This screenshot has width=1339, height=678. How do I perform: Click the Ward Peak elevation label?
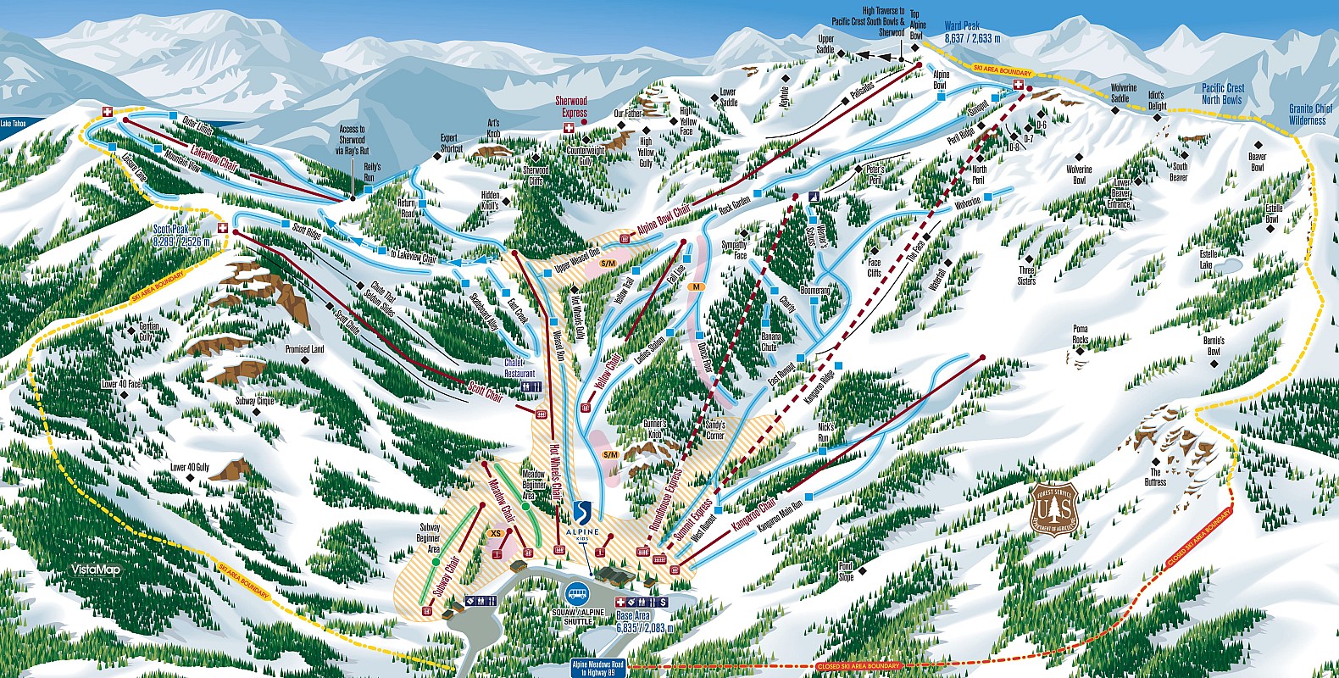pyautogui.click(x=972, y=33)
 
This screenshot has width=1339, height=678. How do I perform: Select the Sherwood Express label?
pyautogui.click(x=571, y=106)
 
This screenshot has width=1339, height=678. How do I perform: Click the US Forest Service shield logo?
pyautogui.click(x=1055, y=510)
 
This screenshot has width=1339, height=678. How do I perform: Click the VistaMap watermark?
pyautogui.click(x=95, y=570)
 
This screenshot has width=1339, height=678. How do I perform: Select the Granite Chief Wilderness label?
pyautogui.click(x=1308, y=114)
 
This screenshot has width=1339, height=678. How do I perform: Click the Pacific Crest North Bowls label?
pyautogui.click(x=1222, y=93)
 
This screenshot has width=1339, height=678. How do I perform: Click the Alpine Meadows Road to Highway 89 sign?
pyautogui.click(x=598, y=669)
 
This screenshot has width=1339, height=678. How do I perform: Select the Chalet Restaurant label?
pyautogui.click(x=519, y=368)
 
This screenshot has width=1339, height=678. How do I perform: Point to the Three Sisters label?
pyautogui.click(x=1026, y=275)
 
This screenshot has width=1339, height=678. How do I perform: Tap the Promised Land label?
pyautogui.click(x=304, y=348)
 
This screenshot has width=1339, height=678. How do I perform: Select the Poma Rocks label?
pyautogui.click(x=1080, y=333)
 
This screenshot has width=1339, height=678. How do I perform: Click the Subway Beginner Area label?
pyautogui.click(x=430, y=538)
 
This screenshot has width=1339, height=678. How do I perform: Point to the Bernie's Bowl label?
pyautogui.click(x=1214, y=346)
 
